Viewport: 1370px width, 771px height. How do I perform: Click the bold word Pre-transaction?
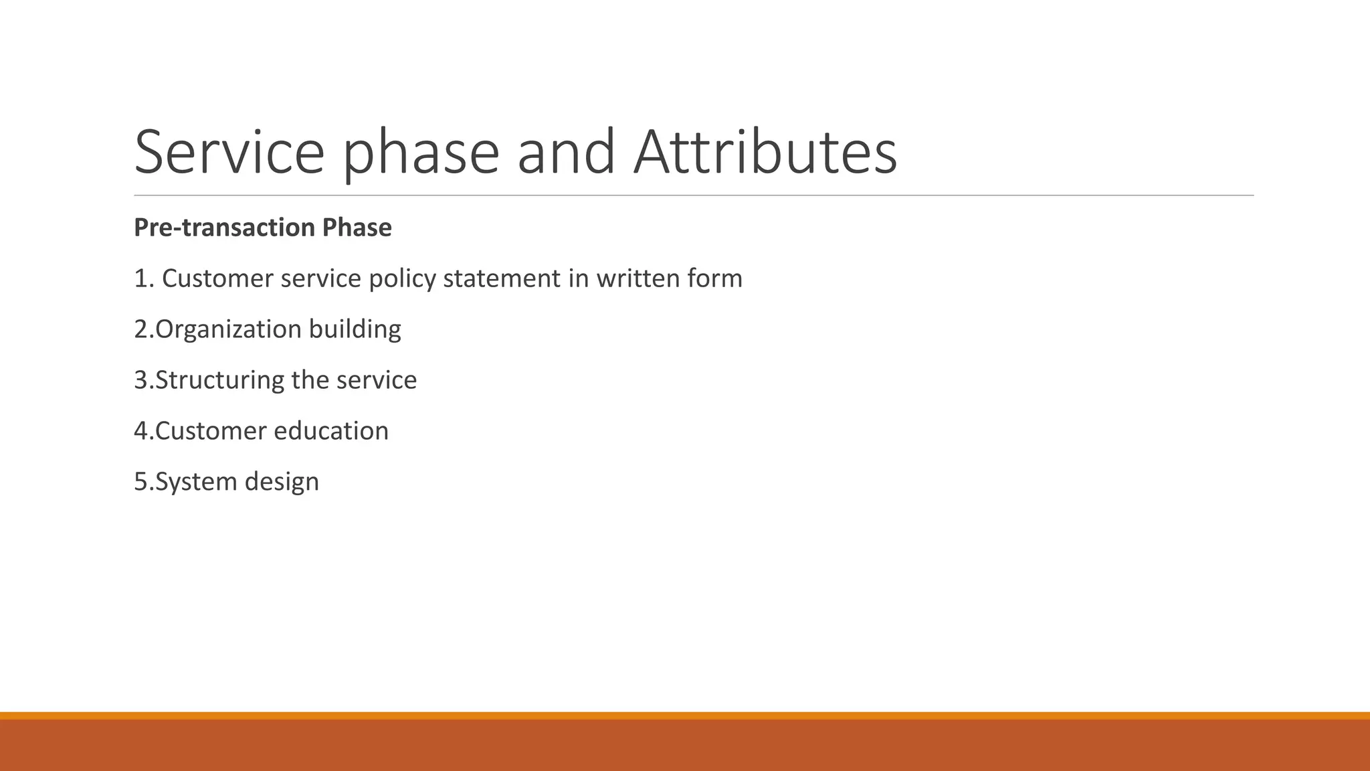point(224,228)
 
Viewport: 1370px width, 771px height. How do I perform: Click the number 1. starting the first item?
point(144,278)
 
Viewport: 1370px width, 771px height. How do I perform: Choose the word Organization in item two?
point(228,330)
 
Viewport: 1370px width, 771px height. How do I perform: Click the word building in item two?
point(355,330)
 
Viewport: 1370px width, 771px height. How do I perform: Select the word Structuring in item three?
point(220,381)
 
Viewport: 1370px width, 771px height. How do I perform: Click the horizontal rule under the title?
point(693,195)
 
